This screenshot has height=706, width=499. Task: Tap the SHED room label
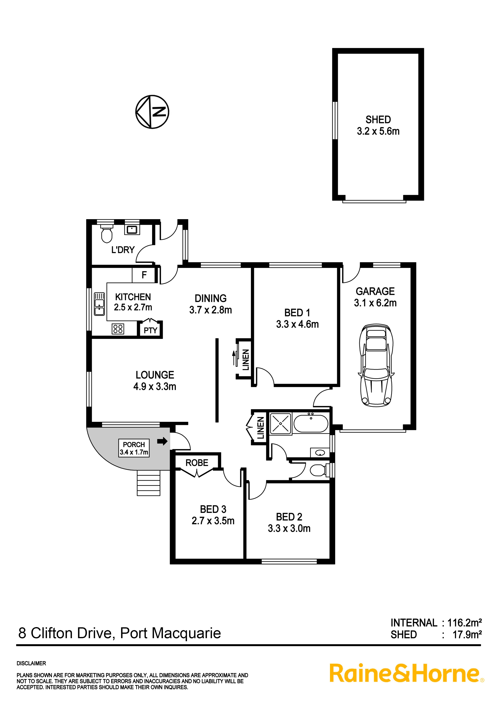[378, 119]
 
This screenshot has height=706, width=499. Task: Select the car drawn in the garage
[376, 365]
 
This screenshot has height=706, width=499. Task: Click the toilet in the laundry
[107, 234]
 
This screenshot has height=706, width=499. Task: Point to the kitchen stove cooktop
[118, 329]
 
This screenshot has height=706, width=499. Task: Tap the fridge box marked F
[144, 275]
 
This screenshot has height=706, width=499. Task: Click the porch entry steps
[148, 483]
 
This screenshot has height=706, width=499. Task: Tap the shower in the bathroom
[280, 423]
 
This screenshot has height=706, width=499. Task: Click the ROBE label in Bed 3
[197, 463]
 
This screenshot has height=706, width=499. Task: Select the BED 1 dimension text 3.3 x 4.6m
[297, 324]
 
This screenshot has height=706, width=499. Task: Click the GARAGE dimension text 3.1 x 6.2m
[375, 303]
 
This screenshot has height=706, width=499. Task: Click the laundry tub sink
[132, 229]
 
